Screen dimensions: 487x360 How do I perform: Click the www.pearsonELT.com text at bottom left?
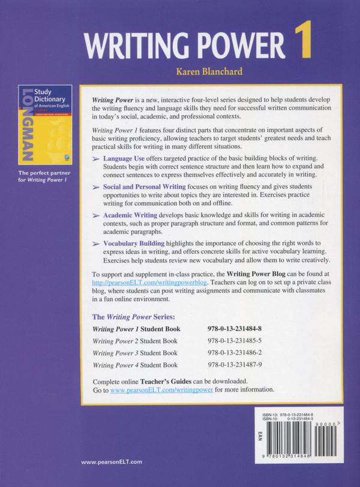click(111, 462)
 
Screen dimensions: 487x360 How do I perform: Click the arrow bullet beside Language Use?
click(98, 158)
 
